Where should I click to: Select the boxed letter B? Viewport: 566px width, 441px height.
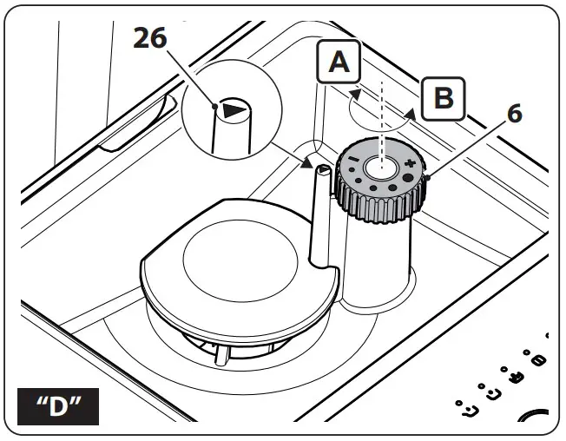coord(443,98)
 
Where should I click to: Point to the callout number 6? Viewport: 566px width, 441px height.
coord(515,114)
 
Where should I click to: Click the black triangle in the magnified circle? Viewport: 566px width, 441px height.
coord(233,110)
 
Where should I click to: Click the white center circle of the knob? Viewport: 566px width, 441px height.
coord(379,166)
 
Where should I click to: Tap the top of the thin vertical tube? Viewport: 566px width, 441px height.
coord(320,170)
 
